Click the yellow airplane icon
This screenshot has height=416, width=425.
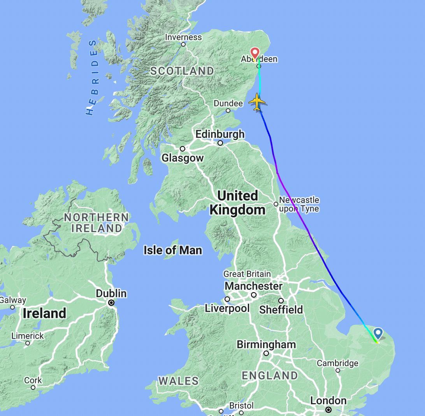tap(257, 102)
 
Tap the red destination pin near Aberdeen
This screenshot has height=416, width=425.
tap(255, 53)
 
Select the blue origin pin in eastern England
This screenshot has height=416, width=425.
tap(378, 333)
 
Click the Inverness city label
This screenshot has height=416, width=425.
tap(184, 37)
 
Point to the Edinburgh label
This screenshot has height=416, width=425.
tap(220, 134)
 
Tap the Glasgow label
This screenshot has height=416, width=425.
tap(183, 158)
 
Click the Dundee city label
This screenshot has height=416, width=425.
tap(228, 104)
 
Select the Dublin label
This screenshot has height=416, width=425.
tap(111, 293)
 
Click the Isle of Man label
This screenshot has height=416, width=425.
tap(173, 250)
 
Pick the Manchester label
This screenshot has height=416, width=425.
tap(254, 286)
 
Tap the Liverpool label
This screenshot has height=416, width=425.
tap(227, 308)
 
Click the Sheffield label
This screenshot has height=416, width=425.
tap(281, 310)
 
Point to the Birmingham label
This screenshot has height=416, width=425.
tap(266, 345)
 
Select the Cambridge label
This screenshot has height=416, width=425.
tap(337, 363)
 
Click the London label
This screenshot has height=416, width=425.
tap(328, 401)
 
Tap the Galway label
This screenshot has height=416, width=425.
tap(13, 300)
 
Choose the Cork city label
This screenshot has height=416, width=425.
tap(33, 380)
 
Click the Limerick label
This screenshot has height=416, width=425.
tap(28, 336)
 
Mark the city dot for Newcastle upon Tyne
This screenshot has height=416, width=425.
tap(276, 204)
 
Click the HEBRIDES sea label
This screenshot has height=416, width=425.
tap(92, 78)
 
